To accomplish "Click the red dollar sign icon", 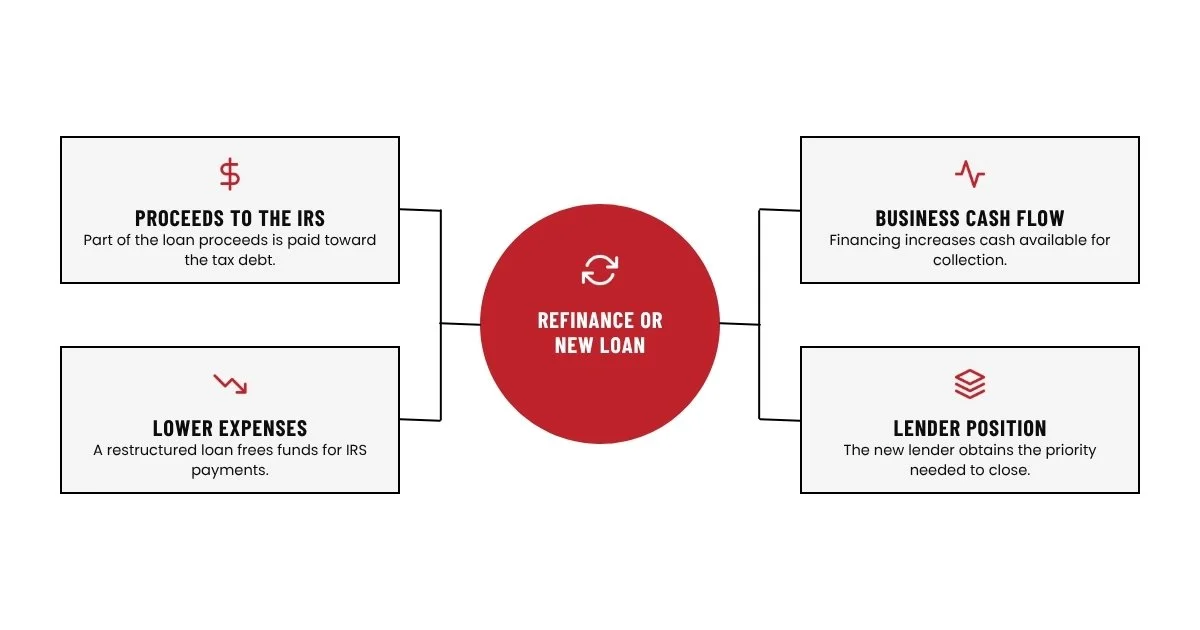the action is click(x=230, y=174).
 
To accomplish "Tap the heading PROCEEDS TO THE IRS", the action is click(x=230, y=219).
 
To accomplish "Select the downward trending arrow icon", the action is click(x=230, y=384).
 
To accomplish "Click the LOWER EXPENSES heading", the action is click(x=230, y=429).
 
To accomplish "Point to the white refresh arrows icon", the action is click(x=600, y=269).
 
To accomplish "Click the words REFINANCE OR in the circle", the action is click(x=600, y=320).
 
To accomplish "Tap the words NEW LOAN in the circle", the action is click(x=600, y=346).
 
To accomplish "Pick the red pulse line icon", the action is click(x=970, y=174).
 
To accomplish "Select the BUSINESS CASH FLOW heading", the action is click(x=970, y=219).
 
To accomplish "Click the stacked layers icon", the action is click(x=970, y=384).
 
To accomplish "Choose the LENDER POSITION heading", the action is click(x=970, y=429).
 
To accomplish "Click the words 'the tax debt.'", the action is click(x=230, y=260).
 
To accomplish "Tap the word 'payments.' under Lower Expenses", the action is click(x=230, y=470).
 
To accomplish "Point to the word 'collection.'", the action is click(x=970, y=260).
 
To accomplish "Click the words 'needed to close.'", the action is click(x=970, y=470).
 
